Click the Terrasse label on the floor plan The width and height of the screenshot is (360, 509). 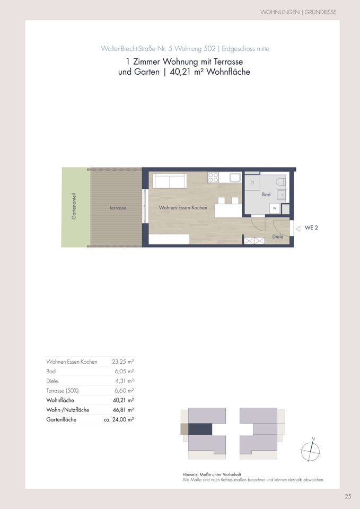pyautogui.click(x=118, y=208)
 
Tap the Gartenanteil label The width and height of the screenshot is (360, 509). pyautogui.click(x=74, y=206)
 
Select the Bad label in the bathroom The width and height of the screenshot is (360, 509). pyautogui.click(x=266, y=195)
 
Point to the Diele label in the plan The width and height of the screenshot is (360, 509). pyautogui.click(x=277, y=236)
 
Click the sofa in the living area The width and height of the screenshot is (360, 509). pyautogui.click(x=170, y=180)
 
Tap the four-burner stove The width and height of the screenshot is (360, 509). pyautogui.click(x=213, y=178)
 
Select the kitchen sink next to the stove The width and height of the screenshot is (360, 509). pyautogui.click(x=235, y=178)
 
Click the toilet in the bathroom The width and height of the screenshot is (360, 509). pyautogui.click(x=281, y=181)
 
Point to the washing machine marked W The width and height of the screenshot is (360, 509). pyautogui.click(x=275, y=208)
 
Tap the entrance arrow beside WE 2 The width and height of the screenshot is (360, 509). pyautogui.click(x=298, y=229)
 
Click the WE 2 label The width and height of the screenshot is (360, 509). pyautogui.click(x=311, y=228)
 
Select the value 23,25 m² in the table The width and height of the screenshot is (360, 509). pyautogui.click(x=123, y=361)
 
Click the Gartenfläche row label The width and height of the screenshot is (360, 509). pyautogui.click(x=62, y=419)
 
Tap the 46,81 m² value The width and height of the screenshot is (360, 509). pyautogui.click(x=124, y=410)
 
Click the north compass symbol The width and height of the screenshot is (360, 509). pyautogui.click(x=311, y=451)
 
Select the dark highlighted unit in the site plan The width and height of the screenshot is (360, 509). pyautogui.click(x=200, y=429)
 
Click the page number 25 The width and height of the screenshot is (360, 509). pyautogui.click(x=348, y=496)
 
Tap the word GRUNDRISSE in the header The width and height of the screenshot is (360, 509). pyautogui.click(x=320, y=12)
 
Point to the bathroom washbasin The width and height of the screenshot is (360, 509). pyautogui.click(x=281, y=195)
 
